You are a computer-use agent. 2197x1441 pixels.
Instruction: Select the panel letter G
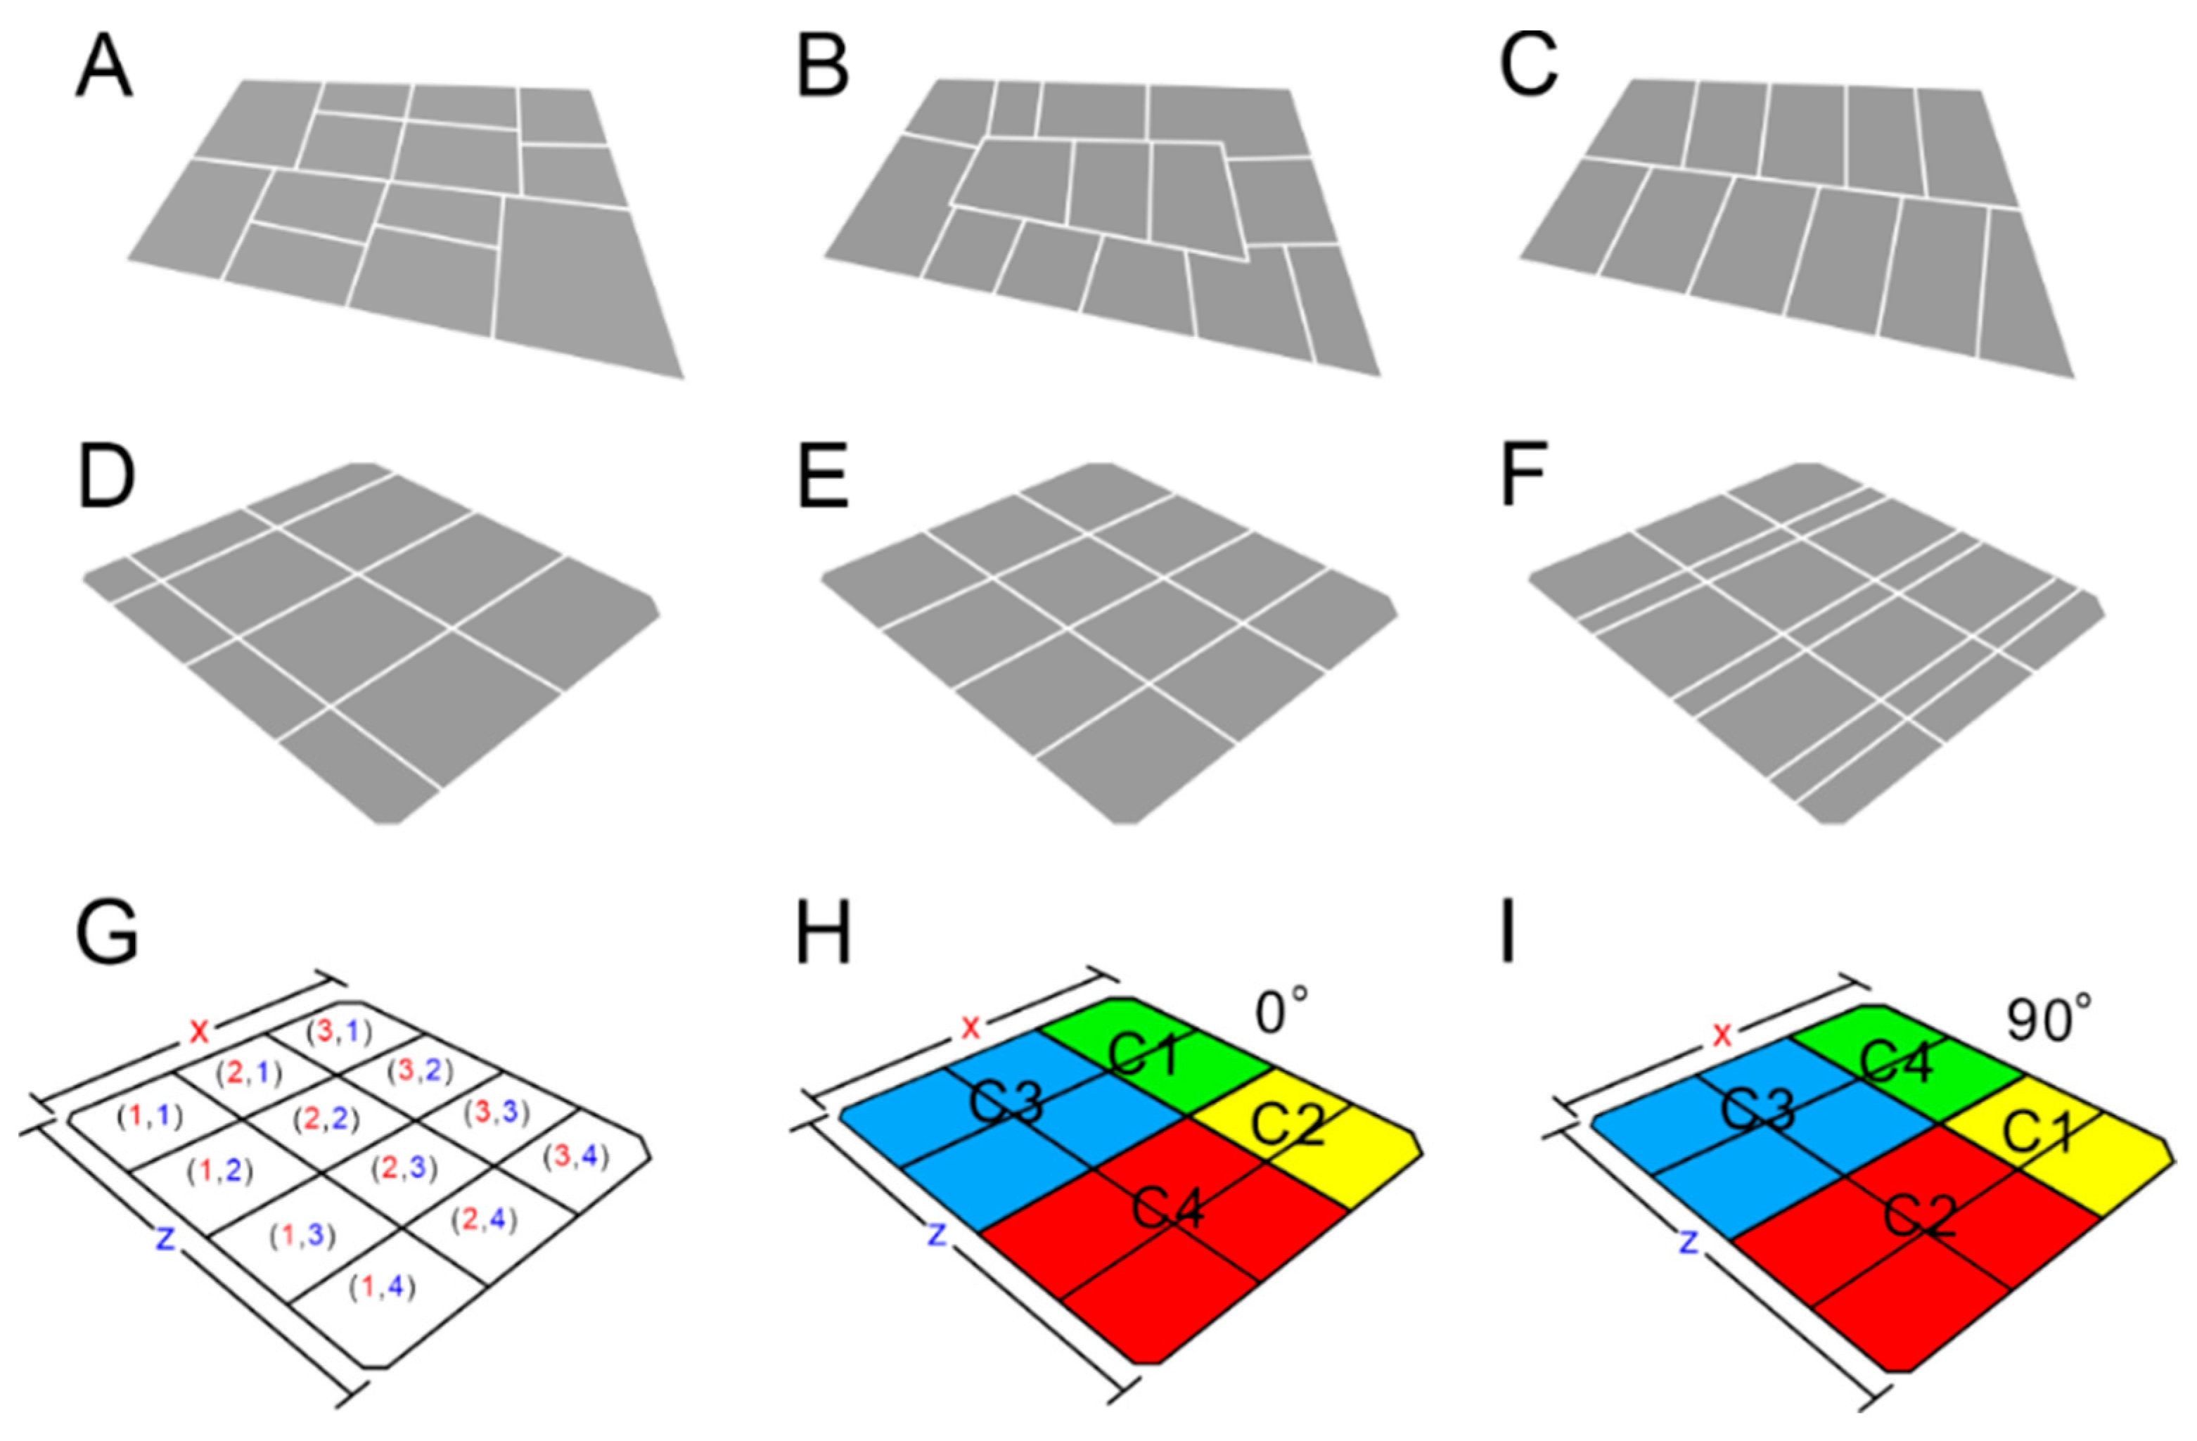(x=107, y=933)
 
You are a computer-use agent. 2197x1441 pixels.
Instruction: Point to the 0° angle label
(x=1281, y=1013)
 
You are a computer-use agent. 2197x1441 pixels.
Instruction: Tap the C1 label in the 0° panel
(x=1144, y=1055)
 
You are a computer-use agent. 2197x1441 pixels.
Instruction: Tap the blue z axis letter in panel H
(x=937, y=1234)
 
